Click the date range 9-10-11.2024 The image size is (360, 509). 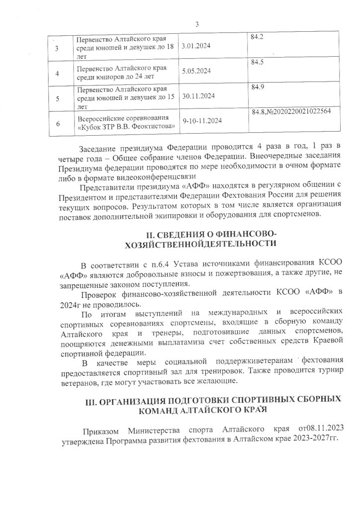pos(202,121)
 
